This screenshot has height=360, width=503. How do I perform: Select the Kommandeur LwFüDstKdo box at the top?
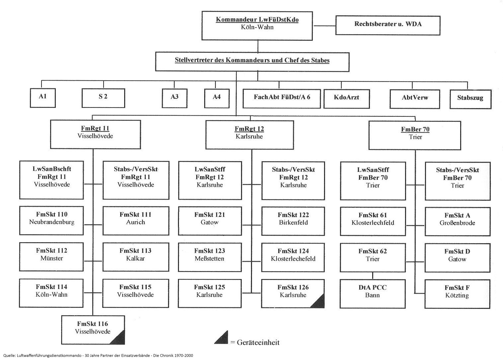point(257,26)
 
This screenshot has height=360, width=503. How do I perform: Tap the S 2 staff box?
point(103,98)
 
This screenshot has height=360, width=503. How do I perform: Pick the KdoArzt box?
point(346,98)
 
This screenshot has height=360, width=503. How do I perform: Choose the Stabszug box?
point(470,99)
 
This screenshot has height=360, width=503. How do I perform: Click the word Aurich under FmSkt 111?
point(135,222)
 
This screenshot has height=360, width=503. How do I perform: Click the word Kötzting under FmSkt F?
point(457,295)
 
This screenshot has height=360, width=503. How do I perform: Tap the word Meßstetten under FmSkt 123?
point(210,258)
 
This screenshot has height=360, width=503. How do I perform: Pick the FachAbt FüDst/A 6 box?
point(282,98)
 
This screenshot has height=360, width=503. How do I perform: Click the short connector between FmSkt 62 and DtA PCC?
point(373,275)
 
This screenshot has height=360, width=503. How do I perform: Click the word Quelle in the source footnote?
point(9,355)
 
